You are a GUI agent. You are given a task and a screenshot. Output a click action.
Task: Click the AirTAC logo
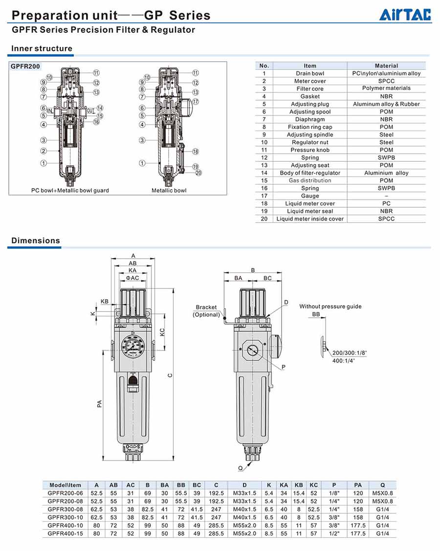click(405, 15)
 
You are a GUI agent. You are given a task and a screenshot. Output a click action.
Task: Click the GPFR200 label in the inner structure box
click(25, 66)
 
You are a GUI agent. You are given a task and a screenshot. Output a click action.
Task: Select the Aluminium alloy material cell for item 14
click(386, 173)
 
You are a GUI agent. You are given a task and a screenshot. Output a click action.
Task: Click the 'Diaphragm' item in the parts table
click(310, 119)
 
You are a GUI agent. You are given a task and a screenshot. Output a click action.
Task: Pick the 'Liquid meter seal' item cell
click(310, 211)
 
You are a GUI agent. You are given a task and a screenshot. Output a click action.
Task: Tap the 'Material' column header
click(386, 66)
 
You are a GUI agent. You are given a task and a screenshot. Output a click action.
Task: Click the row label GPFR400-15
click(66, 533)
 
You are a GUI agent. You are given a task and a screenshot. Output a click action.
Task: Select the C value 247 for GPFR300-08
click(216, 509)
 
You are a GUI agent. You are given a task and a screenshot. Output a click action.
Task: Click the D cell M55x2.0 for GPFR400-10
click(244, 525)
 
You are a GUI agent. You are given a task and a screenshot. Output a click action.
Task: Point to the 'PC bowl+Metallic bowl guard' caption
click(70, 190)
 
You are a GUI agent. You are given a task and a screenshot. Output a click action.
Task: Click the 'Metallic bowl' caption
click(169, 190)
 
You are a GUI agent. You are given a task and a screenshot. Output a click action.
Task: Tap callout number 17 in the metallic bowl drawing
click(196, 102)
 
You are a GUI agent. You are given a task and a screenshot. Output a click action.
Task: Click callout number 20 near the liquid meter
click(198, 173)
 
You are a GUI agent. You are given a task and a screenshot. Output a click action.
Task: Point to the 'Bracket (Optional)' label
click(206, 311)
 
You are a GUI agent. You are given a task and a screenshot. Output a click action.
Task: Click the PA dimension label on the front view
click(100, 404)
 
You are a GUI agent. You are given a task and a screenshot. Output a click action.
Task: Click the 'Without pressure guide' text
click(330, 307)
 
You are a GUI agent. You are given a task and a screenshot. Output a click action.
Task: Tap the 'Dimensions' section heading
click(36, 241)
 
